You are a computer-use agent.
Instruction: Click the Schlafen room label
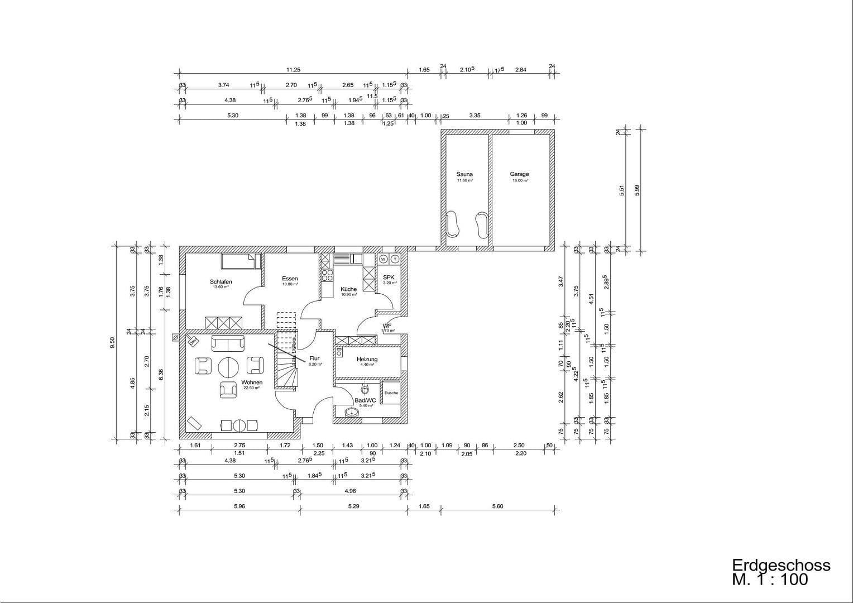coord(221,282)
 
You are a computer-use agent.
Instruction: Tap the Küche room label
coord(348,289)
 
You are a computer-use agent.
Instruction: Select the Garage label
coord(519,174)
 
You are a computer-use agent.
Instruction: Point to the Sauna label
coord(464,174)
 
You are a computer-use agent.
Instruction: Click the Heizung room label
coord(367,360)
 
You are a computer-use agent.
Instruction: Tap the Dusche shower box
coord(391,393)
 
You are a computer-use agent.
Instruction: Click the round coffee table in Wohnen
coord(228,367)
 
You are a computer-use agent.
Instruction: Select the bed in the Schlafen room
coord(241,261)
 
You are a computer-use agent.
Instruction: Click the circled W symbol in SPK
coord(384,259)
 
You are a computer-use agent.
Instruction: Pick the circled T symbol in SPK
coord(395,259)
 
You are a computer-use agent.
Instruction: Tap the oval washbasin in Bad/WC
coord(352,413)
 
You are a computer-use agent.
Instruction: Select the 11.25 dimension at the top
coord(293,70)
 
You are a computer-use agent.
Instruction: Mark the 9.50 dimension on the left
coord(113,342)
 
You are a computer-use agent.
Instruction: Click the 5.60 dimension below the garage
coord(497,506)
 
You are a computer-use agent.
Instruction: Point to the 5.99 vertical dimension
coord(636,190)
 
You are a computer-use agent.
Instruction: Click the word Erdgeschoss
coord(781,565)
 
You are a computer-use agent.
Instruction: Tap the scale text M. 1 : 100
coord(770,580)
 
